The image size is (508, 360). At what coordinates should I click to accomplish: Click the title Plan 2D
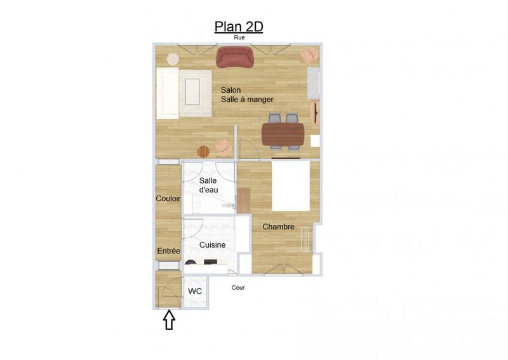pos(239,27)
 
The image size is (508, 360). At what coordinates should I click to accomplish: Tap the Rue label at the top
pos(239,38)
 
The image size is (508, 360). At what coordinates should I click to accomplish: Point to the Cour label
pos(238,288)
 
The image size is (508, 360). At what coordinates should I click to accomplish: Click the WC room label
pos(195,291)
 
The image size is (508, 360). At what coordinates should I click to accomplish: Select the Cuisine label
pos(212,245)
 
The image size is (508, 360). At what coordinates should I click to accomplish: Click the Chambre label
pos(278,227)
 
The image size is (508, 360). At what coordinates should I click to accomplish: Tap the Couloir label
pos(168,199)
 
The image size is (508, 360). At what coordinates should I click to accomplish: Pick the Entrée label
pos(169,251)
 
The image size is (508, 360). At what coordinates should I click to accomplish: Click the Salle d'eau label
pos(208,185)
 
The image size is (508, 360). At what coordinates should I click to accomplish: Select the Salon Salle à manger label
pos(247,95)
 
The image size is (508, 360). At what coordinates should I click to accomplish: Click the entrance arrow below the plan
pos(170,320)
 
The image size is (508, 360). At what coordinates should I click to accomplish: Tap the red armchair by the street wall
pos(235,57)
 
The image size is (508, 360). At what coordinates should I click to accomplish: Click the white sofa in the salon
pos(168,93)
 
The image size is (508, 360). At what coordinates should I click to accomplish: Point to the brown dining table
pos(283,135)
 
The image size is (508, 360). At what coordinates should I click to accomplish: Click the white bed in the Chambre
pos(291,185)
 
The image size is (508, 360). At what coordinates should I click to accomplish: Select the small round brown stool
pos(203,151)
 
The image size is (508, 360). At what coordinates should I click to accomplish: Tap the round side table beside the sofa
pos(173,58)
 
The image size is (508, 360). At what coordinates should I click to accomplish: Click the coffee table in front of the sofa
pos(195,89)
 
